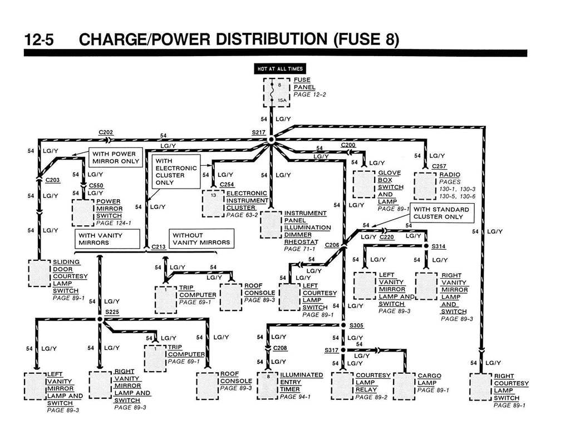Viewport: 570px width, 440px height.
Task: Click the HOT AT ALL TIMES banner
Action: tap(279, 69)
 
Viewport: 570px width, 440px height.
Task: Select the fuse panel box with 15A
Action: tap(277, 92)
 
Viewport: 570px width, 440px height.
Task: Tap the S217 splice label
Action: tap(258, 132)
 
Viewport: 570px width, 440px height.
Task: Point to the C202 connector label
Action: tap(106, 132)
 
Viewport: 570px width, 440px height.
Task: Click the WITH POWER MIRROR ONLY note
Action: tap(115, 157)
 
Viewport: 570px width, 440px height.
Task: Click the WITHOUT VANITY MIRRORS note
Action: tap(200, 239)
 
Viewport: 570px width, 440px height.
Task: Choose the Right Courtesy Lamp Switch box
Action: tap(481, 387)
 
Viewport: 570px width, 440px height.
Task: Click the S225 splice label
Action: tap(112, 312)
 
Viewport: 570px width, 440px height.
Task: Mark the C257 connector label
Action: tap(439, 166)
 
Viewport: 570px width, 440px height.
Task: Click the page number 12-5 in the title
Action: tap(42, 40)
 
